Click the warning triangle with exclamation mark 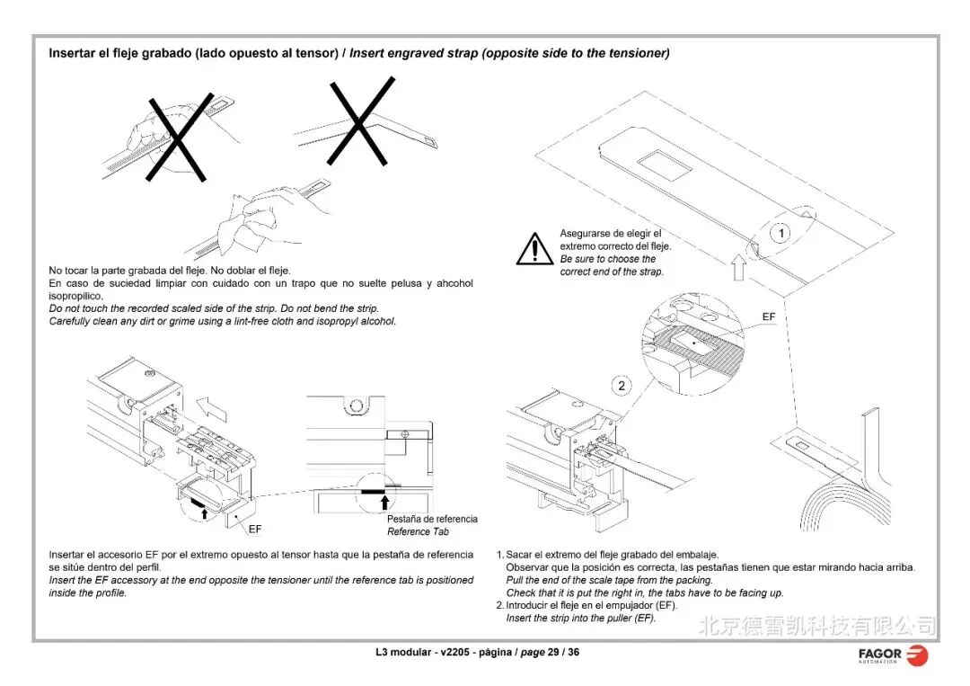[x=534, y=248]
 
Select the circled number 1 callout [x=781, y=234]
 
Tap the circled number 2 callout [x=622, y=387]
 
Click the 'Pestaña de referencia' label [x=432, y=519]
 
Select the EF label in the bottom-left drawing [x=255, y=529]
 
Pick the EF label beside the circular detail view [x=769, y=317]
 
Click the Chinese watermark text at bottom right [x=817, y=625]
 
